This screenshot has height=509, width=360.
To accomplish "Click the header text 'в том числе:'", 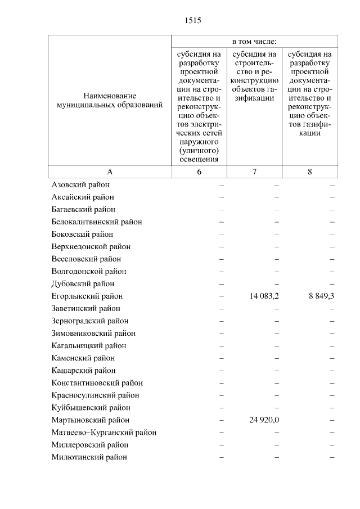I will (x=254, y=42).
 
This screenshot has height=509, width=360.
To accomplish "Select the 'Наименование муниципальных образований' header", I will (x=109, y=100).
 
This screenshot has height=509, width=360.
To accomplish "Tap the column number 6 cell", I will (x=199, y=172).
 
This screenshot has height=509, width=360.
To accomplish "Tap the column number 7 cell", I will (x=254, y=172).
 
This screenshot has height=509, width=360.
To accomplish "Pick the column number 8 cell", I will (x=310, y=172).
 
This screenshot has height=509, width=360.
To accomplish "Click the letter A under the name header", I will (x=110, y=172).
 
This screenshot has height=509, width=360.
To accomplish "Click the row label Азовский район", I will (x=80, y=184).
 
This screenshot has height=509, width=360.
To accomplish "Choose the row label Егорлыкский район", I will (x=87, y=296).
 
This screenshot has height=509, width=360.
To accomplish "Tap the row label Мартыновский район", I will (x=91, y=420).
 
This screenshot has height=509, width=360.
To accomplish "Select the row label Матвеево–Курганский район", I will (x=104, y=432).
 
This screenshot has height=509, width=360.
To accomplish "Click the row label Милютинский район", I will (x=89, y=457).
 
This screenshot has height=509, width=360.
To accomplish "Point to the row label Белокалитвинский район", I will (x=97, y=222).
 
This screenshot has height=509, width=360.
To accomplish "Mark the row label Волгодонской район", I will (x=89, y=271).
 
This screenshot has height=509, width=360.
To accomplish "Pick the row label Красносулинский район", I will (x=95, y=395).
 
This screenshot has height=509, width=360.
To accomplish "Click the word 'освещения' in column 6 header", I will (x=199, y=159).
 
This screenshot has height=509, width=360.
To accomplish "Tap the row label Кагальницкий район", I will (x=89, y=345).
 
